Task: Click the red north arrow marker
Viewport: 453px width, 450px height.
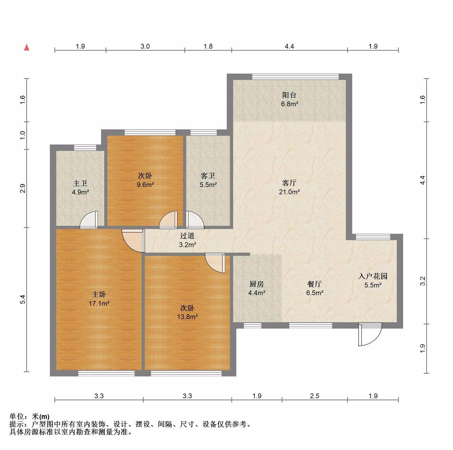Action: [x=27, y=47]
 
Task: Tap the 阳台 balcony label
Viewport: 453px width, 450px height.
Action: [x=289, y=95]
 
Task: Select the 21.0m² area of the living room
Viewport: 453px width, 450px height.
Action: [x=289, y=192]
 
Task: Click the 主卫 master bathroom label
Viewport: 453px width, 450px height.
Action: [x=80, y=183]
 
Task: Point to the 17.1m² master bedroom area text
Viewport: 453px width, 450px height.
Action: [x=99, y=303]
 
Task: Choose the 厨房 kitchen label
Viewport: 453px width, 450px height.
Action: [x=257, y=284]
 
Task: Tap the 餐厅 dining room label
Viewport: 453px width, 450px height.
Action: [x=315, y=284]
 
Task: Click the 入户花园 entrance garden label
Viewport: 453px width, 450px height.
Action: [x=373, y=276]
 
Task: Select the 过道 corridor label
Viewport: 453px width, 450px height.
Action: [x=187, y=236]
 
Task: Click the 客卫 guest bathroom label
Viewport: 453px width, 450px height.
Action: [x=208, y=176]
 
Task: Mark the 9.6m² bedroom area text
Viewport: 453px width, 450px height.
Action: [x=145, y=184]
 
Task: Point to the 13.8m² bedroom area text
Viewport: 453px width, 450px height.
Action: [x=188, y=317]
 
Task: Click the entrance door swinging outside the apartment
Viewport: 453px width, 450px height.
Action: [x=370, y=334]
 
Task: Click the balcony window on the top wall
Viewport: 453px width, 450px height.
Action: [x=295, y=77]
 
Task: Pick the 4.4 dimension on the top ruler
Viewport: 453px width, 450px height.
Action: [x=289, y=46]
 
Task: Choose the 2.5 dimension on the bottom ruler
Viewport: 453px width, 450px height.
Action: [x=315, y=396]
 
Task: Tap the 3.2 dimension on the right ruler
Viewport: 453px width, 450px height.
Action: [x=423, y=281]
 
